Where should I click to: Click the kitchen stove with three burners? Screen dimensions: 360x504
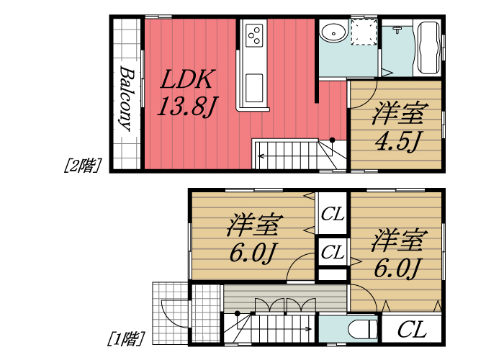click(x=255, y=35)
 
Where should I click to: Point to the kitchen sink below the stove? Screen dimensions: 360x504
click(x=255, y=88)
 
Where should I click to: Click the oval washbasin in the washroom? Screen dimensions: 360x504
click(x=332, y=32)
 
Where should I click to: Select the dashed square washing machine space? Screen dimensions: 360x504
click(x=364, y=32)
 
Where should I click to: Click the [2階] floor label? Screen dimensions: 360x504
click(x=81, y=165)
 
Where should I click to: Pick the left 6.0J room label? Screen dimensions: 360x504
click(x=253, y=237)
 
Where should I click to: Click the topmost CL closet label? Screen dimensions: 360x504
click(x=332, y=214)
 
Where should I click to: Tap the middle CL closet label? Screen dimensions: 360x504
click(x=332, y=252)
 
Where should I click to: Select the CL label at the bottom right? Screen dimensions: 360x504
click(x=411, y=330)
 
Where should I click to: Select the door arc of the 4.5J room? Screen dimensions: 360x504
click(x=362, y=94)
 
